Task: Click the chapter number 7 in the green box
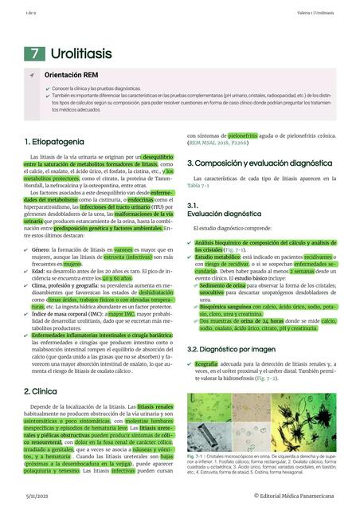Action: (x=35, y=53)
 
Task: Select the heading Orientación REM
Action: (x=76, y=74)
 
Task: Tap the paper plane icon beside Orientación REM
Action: (x=32, y=74)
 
